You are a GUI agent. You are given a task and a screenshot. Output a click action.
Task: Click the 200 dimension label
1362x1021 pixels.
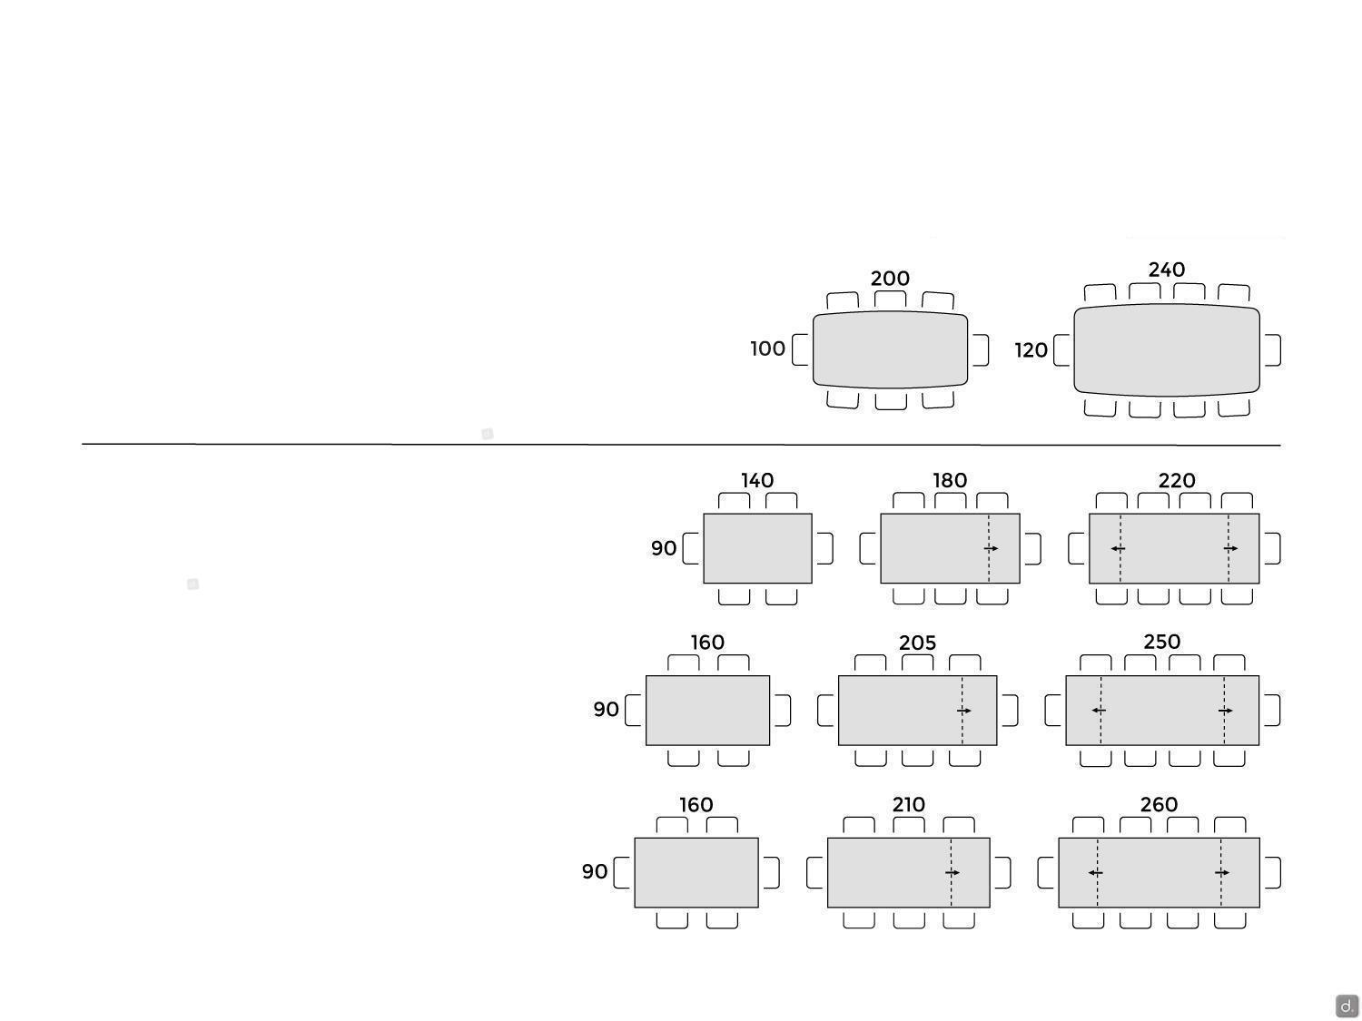890,279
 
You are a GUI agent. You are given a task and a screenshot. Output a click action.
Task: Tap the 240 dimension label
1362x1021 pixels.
1167,270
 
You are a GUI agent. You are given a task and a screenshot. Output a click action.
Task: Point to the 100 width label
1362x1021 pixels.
767,349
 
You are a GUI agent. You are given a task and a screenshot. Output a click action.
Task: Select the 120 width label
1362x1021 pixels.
1031,350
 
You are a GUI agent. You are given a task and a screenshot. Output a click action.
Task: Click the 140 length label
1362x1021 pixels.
757,480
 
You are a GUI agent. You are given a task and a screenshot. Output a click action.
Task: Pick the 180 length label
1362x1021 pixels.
950,480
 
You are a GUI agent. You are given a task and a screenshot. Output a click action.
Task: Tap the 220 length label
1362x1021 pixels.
1177,480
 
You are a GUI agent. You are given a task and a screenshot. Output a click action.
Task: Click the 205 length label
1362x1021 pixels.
917,643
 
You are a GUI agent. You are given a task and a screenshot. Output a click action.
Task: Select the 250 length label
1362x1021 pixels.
1161,642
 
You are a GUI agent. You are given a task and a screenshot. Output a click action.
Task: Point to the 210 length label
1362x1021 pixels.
908,805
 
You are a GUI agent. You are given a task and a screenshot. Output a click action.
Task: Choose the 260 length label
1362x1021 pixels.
1159,805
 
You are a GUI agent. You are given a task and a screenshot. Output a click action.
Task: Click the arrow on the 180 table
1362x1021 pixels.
991,549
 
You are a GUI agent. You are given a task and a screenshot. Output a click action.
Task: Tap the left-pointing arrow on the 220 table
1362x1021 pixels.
1118,549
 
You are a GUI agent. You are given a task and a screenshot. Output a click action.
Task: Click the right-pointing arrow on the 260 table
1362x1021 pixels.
1222,873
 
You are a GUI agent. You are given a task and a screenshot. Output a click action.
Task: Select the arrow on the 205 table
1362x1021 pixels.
964,711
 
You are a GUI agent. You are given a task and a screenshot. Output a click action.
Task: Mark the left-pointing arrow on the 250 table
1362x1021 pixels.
1099,711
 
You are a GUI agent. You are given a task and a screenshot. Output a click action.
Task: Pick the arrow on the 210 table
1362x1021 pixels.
952,873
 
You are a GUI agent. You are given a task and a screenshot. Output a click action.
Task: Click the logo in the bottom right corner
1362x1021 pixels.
1347,1006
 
